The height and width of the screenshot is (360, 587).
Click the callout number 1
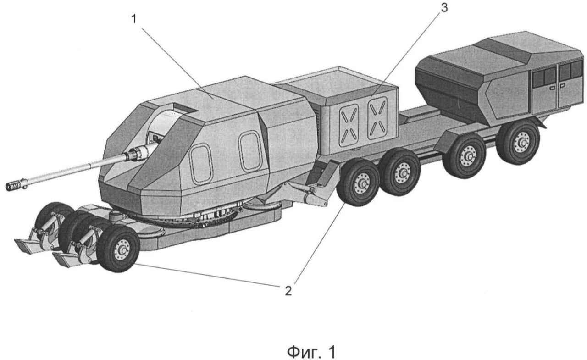pyautogui.click(x=134, y=19)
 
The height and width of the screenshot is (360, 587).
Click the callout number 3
pyautogui.click(x=444, y=8)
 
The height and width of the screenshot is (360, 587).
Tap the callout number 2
pyautogui.click(x=288, y=291)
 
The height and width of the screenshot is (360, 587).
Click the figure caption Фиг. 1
pyautogui.click(x=311, y=352)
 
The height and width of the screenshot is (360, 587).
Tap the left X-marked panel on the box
pyautogui.click(x=349, y=126)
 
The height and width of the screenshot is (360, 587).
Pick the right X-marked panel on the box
pyautogui.click(x=377, y=118)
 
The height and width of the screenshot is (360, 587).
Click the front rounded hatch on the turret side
pyautogui.click(x=201, y=165)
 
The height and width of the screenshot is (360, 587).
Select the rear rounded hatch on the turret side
pyautogui.click(x=250, y=151)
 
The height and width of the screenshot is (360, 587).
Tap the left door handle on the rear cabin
pyautogui.click(x=552, y=88)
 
